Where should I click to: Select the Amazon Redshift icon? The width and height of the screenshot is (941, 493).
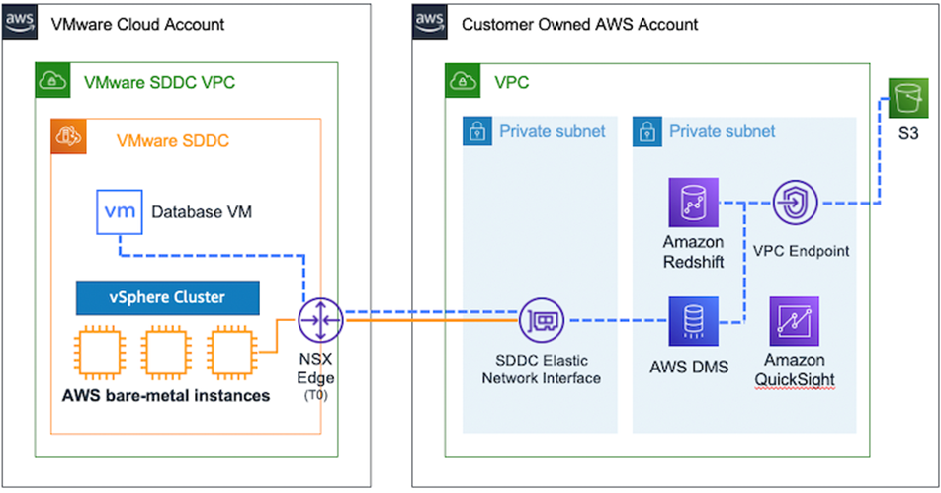coord(694,204)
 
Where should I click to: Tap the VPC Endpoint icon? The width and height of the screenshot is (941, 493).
coord(797,205)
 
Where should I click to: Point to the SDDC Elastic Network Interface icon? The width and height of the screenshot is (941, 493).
coord(542,320)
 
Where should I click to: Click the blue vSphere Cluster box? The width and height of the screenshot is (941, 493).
coord(167,296)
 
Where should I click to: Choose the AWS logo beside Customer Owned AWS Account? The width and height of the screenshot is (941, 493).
coord(428,23)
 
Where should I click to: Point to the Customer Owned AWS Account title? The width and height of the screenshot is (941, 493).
coord(579,24)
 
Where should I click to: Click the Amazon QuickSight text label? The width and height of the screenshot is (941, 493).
coord(795,370)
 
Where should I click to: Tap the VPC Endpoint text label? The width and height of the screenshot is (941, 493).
coord(801,251)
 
